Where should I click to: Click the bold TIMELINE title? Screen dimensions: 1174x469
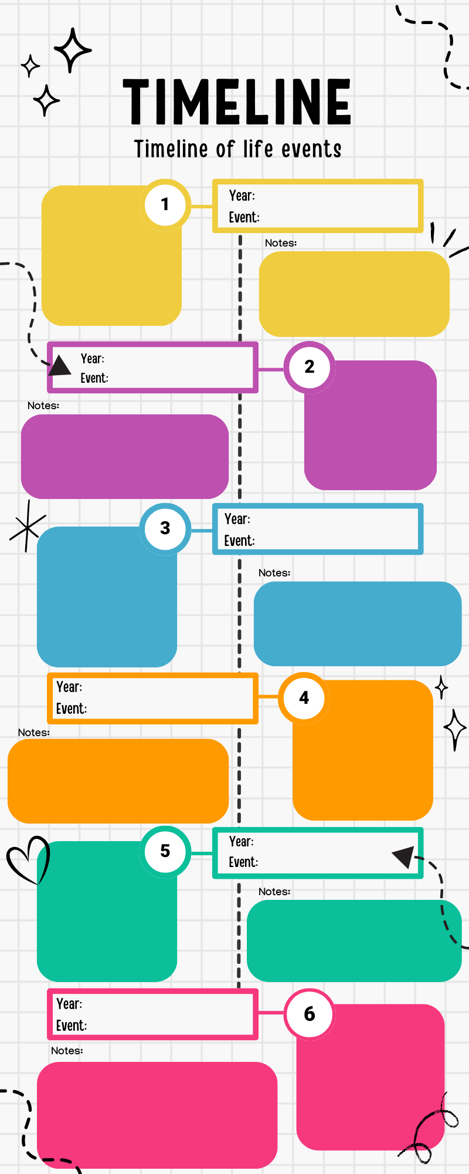[237, 102]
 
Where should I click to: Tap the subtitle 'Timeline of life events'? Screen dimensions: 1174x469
[237, 149]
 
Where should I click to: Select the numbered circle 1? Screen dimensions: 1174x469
[165, 204]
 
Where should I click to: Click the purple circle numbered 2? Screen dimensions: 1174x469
[310, 367]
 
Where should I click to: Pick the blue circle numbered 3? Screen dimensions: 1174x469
[165, 528]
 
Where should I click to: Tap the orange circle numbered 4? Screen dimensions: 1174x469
[304, 698]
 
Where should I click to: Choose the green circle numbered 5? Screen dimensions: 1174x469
[165, 851]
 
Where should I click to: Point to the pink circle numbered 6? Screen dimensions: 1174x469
[310, 1014]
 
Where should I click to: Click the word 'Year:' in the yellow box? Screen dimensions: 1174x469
[242, 195]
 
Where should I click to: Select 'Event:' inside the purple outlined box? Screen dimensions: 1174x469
[94, 378]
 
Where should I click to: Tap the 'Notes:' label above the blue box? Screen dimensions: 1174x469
[274, 573]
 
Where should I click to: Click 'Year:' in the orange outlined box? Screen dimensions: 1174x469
[69, 687]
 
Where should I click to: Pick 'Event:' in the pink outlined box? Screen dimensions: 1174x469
[72, 1025]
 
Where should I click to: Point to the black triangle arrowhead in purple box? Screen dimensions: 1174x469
[60, 366]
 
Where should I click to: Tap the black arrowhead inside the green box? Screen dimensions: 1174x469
[405, 856]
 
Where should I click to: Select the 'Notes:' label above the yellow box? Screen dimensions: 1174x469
[281, 243]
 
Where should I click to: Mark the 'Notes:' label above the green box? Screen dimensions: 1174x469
[274, 892]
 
